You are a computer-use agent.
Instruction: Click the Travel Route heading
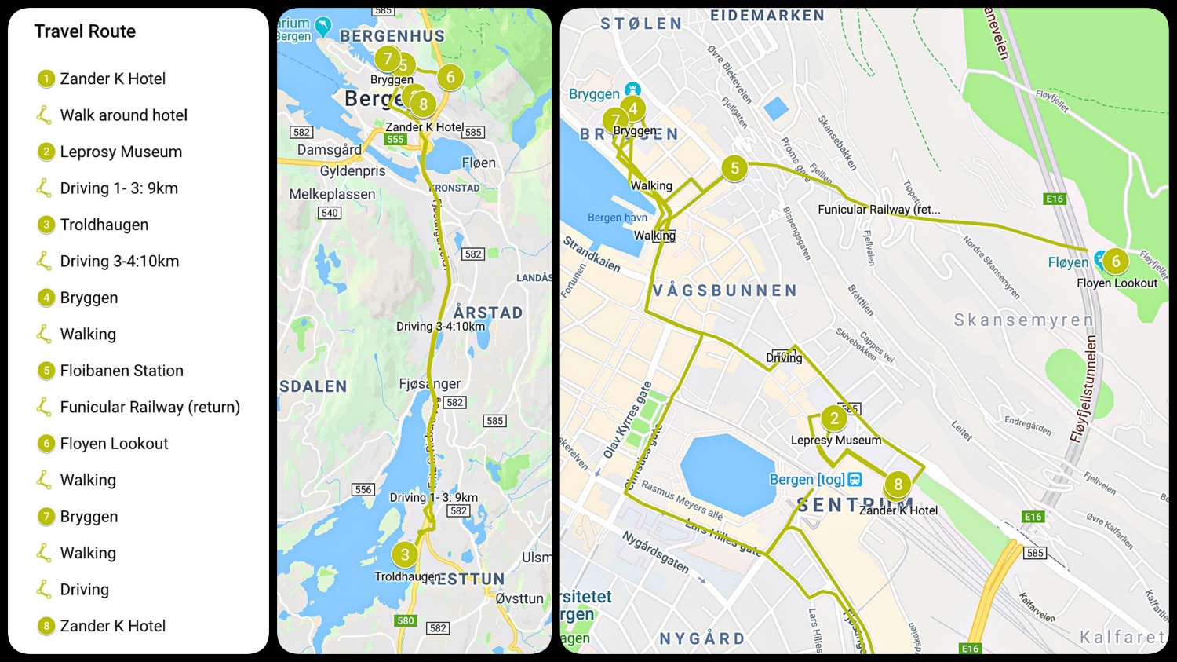pos(85,31)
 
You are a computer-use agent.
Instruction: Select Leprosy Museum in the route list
pos(121,152)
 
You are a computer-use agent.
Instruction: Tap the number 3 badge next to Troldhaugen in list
pos(46,225)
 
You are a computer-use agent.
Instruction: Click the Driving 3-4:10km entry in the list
pos(119,261)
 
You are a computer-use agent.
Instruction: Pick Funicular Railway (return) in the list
pos(150,407)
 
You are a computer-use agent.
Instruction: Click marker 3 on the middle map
pos(405,554)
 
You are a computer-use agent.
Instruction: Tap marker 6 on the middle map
pos(450,77)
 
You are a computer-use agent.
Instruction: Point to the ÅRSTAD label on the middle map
pos(487,313)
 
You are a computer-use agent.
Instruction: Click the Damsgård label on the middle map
pos(329,150)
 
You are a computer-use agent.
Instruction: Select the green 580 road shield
pos(406,620)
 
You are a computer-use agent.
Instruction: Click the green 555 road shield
pos(395,139)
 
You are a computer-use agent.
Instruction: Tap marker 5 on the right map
pos(734,167)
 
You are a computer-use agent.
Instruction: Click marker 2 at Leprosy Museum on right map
pos(834,419)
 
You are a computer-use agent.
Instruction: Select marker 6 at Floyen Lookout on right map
pos(1115,262)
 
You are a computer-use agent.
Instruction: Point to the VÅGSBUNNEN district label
pos(724,291)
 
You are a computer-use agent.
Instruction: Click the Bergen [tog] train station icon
pos(855,479)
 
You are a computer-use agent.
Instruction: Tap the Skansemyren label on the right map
pos(1023,320)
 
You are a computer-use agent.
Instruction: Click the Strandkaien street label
pos(592,254)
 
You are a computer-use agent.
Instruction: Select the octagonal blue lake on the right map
pos(727,474)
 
